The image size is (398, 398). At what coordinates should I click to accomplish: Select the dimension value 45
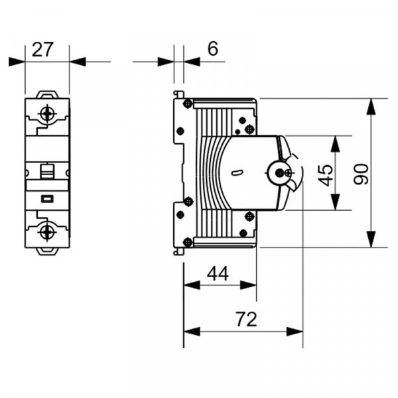pos(325,174)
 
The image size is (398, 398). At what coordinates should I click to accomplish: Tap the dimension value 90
pos(360,174)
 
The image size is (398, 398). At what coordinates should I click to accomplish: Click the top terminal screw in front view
pos(47,113)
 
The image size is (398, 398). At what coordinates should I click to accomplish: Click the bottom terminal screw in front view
pos(47,232)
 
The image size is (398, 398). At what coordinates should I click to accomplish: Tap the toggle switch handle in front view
pos(47,170)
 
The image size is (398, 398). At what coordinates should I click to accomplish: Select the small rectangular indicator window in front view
pos(47,198)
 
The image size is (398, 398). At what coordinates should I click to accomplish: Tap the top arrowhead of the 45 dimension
pos(336,141)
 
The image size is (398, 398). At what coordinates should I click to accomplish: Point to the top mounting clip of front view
pos(47,95)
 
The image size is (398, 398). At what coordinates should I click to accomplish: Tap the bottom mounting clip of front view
pos(47,251)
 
